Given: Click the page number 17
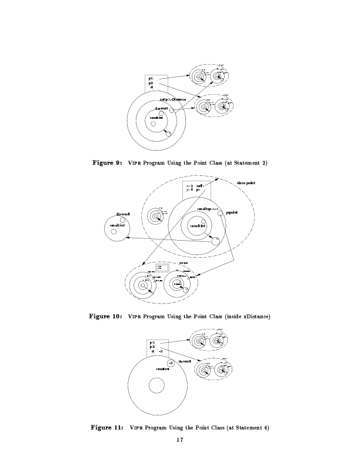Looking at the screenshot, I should click(x=179, y=440).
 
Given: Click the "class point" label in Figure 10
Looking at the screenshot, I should click(x=246, y=183).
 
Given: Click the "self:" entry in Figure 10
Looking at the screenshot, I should click(x=200, y=185).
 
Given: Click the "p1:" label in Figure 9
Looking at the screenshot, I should click(x=151, y=79).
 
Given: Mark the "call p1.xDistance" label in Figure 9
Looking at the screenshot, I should click(x=173, y=99).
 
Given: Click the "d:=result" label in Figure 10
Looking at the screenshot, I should click(x=123, y=214).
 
